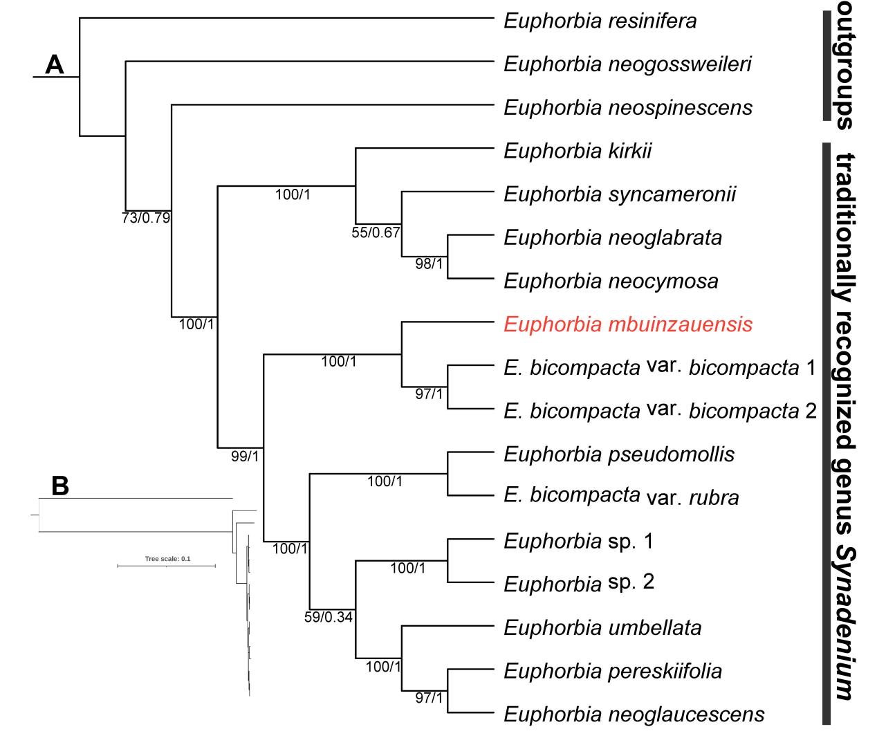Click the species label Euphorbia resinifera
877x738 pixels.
click(600, 21)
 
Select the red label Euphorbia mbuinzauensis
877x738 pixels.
click(628, 324)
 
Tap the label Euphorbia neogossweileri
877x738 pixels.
click(627, 64)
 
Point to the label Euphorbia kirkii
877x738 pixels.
click(578, 151)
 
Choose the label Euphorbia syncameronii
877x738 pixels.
click(620, 194)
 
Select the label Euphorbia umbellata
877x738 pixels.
click(602, 627)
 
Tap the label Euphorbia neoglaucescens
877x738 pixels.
click(634, 714)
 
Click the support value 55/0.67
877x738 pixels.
click(376, 232)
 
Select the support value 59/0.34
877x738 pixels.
click(329, 617)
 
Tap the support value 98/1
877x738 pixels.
click(429, 264)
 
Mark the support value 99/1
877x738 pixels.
click(245, 455)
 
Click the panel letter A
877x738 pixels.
click(54, 64)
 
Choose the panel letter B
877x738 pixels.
click(60, 486)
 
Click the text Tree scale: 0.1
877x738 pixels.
click(167, 559)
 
